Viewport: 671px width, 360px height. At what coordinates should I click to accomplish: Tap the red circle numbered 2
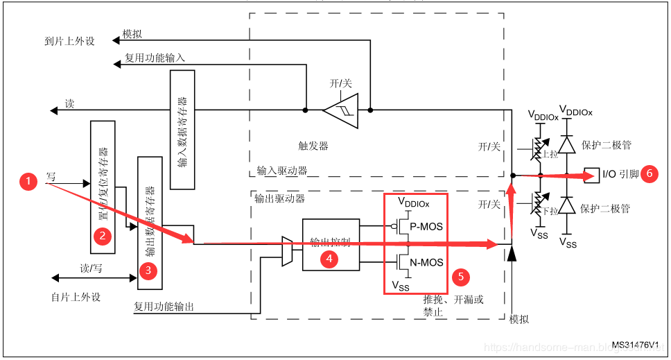[103, 236]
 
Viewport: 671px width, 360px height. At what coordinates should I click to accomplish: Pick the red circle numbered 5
[462, 276]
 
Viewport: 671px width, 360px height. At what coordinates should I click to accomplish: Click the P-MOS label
[426, 226]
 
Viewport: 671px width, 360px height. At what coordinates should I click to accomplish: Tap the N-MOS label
[426, 262]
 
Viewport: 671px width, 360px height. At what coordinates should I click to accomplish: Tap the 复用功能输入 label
[155, 58]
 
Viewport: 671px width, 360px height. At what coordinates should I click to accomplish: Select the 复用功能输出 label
[164, 306]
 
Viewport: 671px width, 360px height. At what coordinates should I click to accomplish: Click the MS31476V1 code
[634, 345]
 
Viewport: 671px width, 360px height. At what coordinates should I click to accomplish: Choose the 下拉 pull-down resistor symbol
[537, 203]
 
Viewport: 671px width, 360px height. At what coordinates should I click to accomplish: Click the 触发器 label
[313, 146]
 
